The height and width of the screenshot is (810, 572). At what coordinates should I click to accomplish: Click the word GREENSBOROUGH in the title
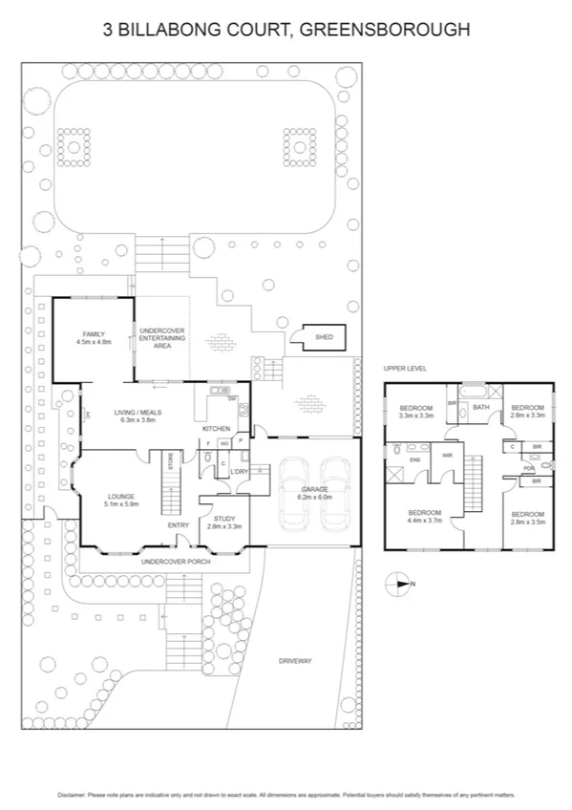point(384,31)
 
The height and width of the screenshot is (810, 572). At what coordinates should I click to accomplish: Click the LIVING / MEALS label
point(138,412)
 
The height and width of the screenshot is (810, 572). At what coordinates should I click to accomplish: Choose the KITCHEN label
point(215,428)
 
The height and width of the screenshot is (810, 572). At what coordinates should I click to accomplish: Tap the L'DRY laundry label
point(239,472)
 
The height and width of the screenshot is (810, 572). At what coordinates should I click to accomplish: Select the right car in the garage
point(337,493)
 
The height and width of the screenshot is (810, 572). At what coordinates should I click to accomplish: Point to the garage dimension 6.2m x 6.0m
point(314,498)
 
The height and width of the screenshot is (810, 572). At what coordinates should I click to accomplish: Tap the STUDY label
point(223,519)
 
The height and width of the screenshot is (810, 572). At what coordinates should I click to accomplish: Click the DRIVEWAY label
point(296,661)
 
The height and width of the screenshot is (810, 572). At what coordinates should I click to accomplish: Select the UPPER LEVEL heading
point(405,368)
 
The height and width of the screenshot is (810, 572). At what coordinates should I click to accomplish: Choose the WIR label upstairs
point(448,456)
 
